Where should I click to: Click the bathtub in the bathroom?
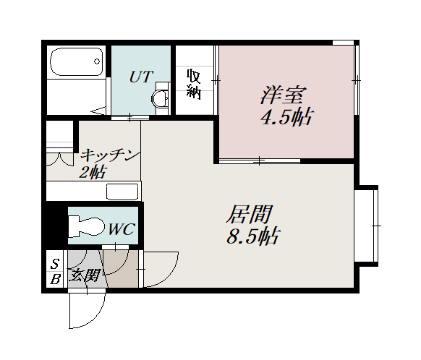(77, 62)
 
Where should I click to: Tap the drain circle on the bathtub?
(97, 61)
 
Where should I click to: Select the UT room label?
(141, 77)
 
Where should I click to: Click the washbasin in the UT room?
(161, 99)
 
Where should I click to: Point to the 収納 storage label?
(194, 84)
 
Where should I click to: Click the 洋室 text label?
(283, 95)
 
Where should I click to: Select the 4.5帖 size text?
(286, 116)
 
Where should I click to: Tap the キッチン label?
(111, 155)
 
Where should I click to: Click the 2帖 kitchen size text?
(92, 172)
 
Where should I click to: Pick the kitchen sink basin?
(122, 192)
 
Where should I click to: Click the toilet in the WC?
(87, 226)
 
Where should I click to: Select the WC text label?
(122, 229)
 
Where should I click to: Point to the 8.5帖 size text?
(253, 236)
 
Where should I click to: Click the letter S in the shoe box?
(55, 264)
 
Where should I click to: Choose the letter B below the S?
(55, 280)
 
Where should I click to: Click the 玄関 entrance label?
(85, 275)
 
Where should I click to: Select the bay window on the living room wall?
(366, 226)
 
